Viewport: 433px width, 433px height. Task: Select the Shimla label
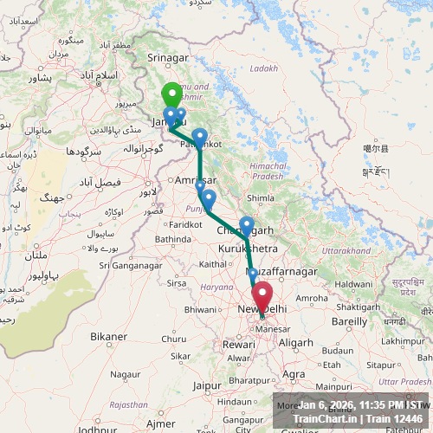point(261,197)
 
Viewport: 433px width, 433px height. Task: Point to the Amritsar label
point(194,178)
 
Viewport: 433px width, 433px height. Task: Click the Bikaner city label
point(108,336)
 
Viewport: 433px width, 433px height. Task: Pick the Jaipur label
point(208,385)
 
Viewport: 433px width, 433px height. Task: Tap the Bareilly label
point(350,320)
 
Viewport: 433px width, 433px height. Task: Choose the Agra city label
point(294,374)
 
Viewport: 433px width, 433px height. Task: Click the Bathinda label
point(173,238)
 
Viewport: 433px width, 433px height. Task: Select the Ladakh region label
point(264,68)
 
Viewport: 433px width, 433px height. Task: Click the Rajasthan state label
point(128,404)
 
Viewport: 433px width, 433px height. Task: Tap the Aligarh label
point(296,343)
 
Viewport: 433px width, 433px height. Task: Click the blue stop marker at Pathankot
point(200,136)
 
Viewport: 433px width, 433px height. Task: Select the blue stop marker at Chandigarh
point(247,224)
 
